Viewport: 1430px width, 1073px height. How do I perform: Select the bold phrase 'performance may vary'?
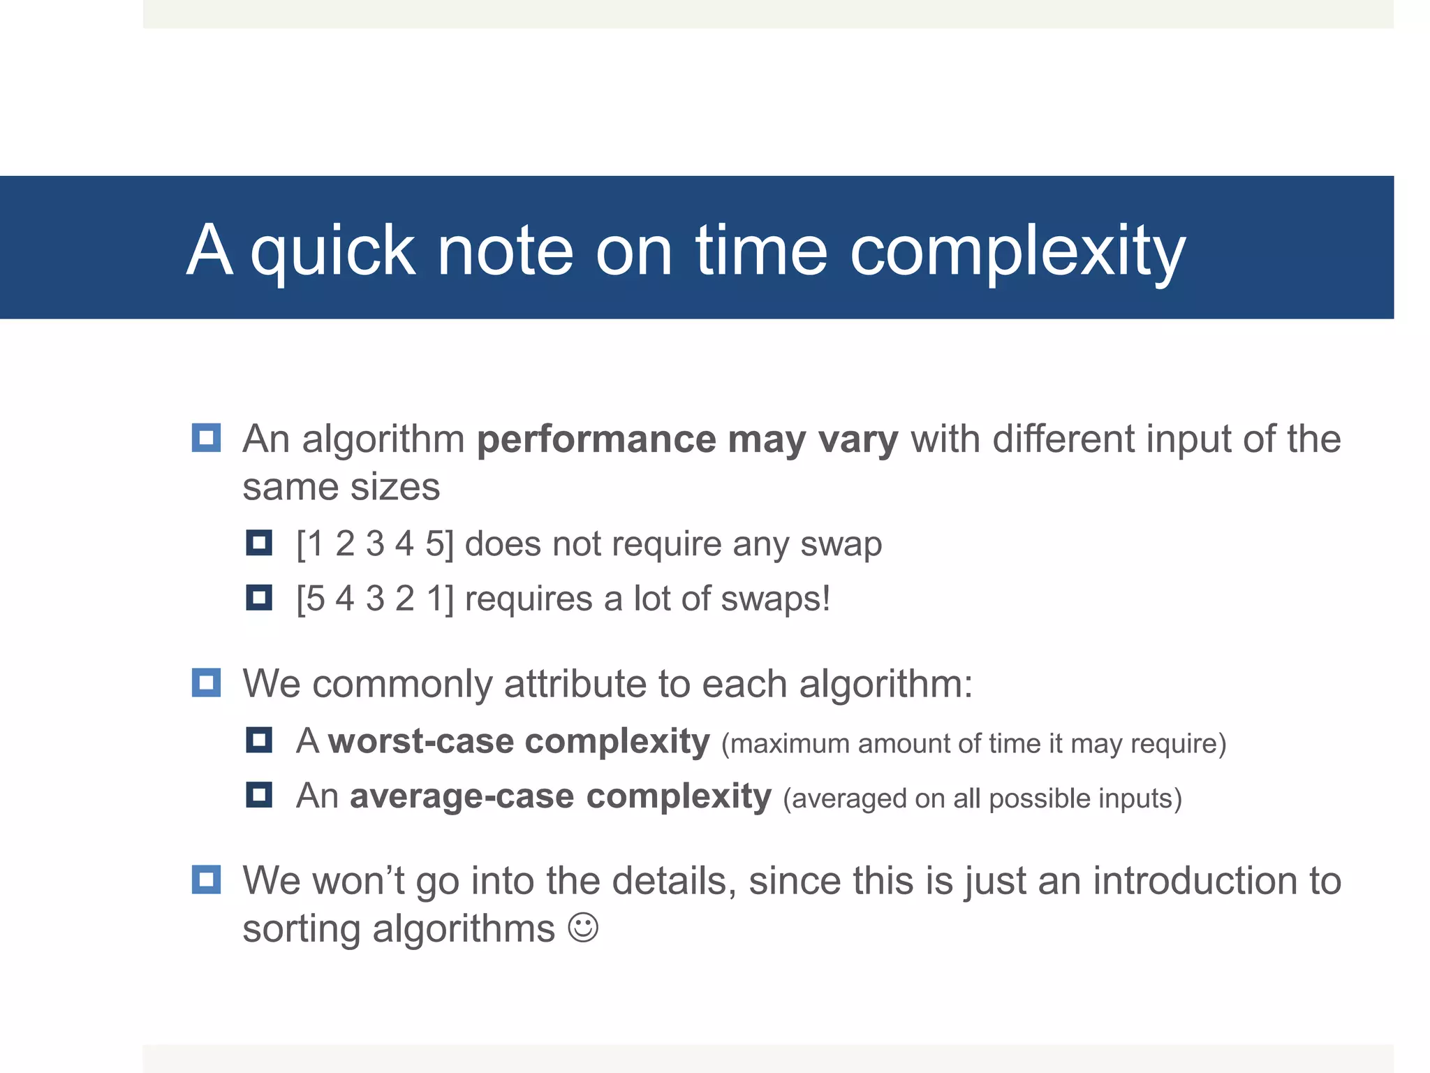point(687,440)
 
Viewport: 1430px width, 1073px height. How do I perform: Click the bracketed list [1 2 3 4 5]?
point(375,544)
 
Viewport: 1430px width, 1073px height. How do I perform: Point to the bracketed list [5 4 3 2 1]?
point(375,599)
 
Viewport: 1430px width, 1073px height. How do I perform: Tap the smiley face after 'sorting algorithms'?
point(583,928)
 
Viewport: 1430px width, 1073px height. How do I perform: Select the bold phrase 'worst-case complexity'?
point(519,741)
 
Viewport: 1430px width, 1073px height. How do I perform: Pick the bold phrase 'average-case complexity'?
point(561,796)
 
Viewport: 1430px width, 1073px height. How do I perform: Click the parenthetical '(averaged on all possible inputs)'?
point(982,798)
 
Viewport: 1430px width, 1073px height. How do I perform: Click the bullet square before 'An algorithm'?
point(206,438)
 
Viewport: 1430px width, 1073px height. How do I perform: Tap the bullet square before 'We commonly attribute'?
point(206,683)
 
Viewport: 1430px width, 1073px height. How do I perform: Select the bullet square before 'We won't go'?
point(206,879)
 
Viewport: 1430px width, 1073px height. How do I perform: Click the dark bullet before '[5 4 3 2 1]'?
point(258,598)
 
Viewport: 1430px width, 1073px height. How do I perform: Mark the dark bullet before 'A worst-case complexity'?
point(258,740)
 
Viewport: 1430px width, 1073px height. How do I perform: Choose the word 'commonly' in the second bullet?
point(402,684)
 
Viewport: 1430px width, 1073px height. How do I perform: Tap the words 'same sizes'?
point(341,487)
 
